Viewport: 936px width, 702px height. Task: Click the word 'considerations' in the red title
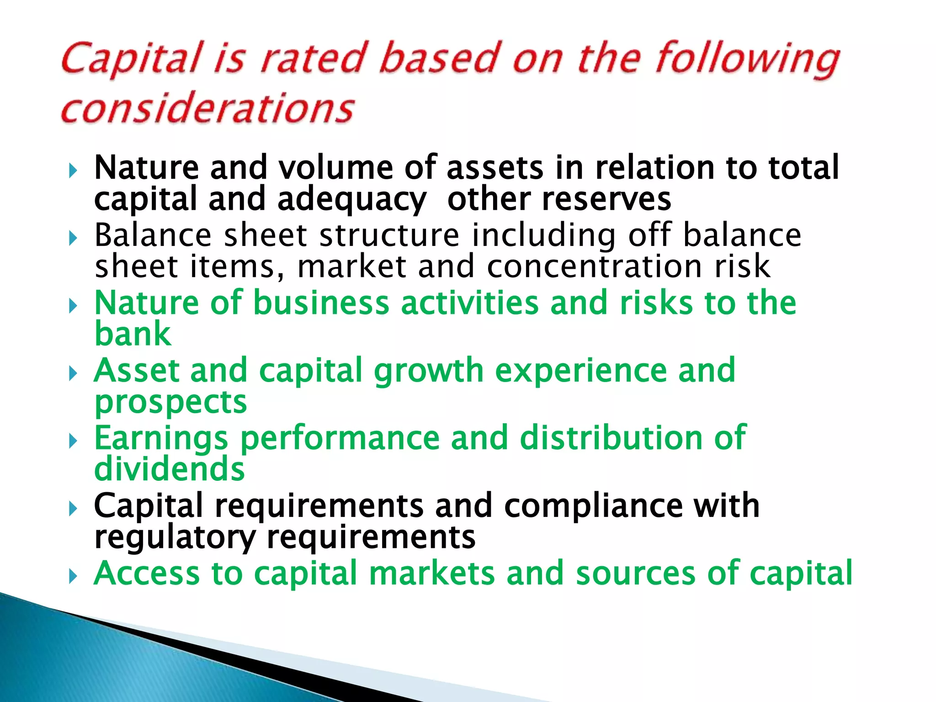coord(207,108)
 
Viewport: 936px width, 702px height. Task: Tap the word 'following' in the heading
coord(747,59)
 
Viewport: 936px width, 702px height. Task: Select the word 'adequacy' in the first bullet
coord(351,200)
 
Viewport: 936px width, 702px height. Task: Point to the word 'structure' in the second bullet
coord(389,235)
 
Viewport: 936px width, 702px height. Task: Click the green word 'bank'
coord(133,334)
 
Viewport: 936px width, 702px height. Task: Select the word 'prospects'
coord(170,403)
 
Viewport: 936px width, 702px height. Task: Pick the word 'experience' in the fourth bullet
coord(580,371)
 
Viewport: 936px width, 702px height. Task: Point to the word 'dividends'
coord(170,469)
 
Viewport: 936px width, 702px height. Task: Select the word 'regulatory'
coord(175,538)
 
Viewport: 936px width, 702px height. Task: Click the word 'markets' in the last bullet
coord(432,573)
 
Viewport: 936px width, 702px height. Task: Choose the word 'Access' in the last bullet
coord(147,573)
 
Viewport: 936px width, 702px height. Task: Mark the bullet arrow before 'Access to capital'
coord(73,576)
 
